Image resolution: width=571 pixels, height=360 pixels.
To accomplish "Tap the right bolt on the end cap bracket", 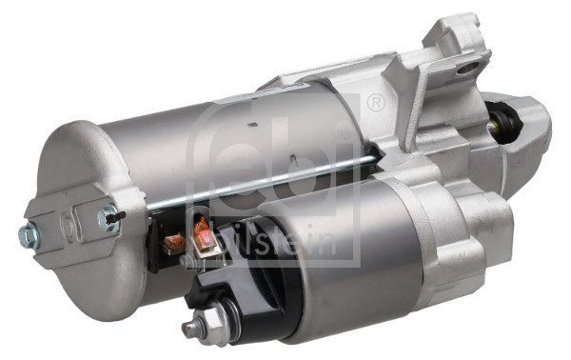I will [x=107, y=219].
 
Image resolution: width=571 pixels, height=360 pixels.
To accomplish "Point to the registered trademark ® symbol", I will [x=374, y=102].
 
